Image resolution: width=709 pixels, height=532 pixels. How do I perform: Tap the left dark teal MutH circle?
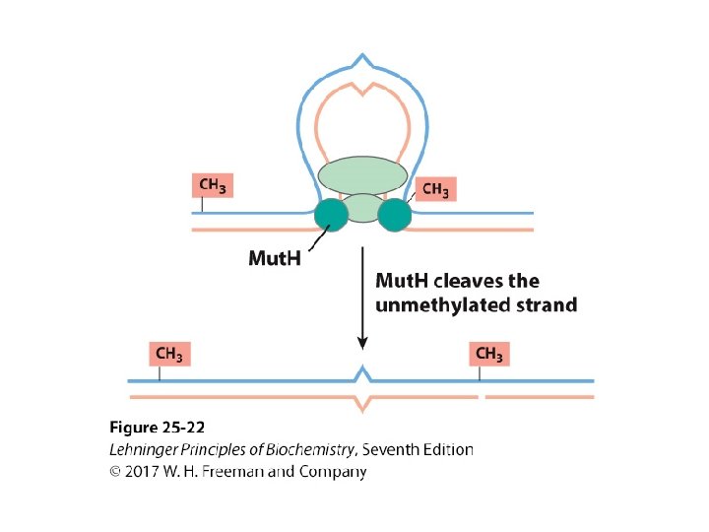[x=331, y=215]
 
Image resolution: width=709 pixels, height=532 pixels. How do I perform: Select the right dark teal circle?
[x=394, y=215]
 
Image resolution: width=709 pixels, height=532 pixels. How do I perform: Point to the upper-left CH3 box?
[x=213, y=184]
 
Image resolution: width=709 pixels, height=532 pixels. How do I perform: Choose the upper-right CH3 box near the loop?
[x=435, y=188]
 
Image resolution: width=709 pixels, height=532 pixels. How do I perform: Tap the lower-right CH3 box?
[x=489, y=354]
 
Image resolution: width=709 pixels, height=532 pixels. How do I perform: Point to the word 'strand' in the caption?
[x=547, y=304]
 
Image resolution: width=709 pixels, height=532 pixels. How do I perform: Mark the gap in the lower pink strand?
[x=483, y=397]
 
